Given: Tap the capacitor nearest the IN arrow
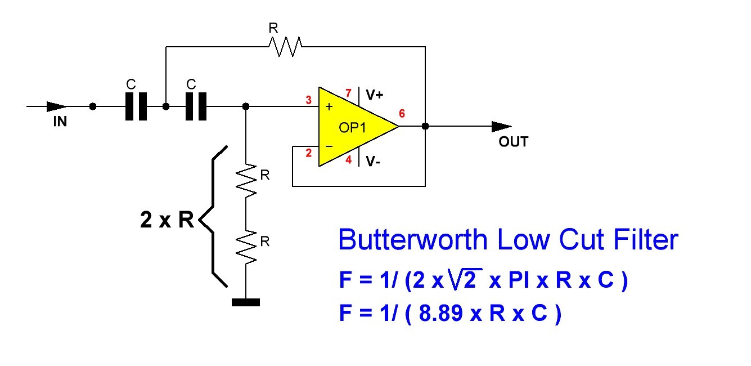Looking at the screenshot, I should coord(136,106).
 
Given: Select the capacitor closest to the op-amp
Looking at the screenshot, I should coord(196,106).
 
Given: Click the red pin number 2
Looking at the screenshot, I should coord(308,152).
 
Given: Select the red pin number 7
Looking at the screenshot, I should coord(348,92).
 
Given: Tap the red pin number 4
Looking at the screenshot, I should coord(348,160).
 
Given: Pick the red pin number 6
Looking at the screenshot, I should coord(402,114).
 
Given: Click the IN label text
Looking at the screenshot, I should coord(60,121).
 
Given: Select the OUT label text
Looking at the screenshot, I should coord(513,141).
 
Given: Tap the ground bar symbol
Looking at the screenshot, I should coord(246,302).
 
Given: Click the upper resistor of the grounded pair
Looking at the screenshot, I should coord(246,178).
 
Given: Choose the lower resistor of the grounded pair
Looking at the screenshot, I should coord(246,246).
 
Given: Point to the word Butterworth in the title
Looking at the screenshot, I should coord(413,240).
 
